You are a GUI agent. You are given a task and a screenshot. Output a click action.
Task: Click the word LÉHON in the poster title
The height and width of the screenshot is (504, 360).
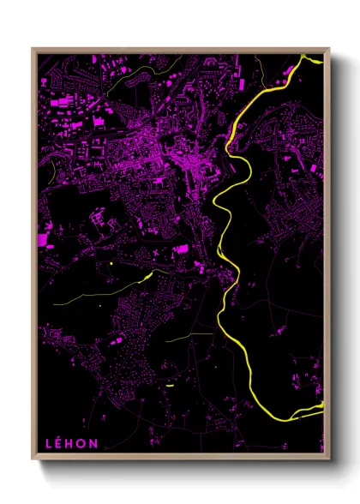pyautogui.click(x=72, y=443)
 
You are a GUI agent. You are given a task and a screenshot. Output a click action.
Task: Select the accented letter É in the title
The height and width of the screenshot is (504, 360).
pyautogui.click(x=60, y=443)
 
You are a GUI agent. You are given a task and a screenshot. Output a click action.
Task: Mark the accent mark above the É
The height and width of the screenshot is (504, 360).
pyautogui.click(x=61, y=437)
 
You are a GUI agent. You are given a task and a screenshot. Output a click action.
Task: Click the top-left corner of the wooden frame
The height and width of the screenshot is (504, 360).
pyautogui.click(x=33, y=49)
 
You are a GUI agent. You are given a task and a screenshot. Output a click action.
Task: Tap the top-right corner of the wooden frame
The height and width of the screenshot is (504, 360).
pyautogui.click(x=328, y=49)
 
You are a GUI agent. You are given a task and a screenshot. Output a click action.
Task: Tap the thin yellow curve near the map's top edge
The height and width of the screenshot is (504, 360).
pyautogui.click(x=163, y=69)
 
